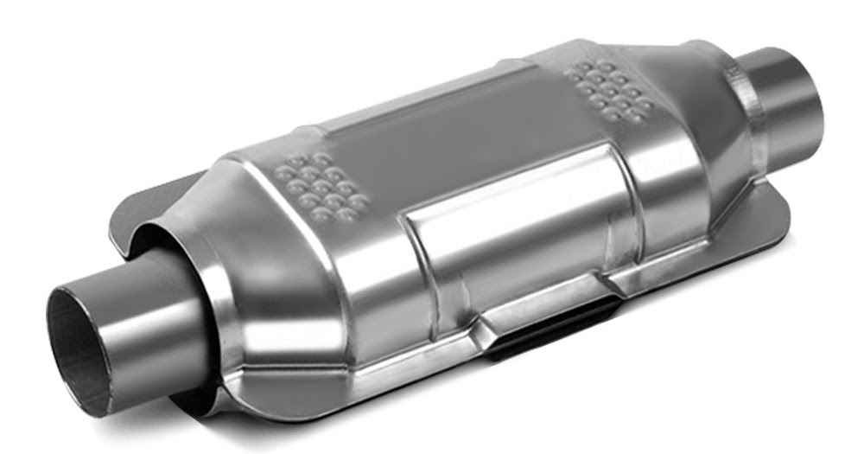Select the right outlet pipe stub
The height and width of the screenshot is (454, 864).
pos(782,95)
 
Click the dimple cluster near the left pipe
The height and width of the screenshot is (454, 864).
pos(324,186)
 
